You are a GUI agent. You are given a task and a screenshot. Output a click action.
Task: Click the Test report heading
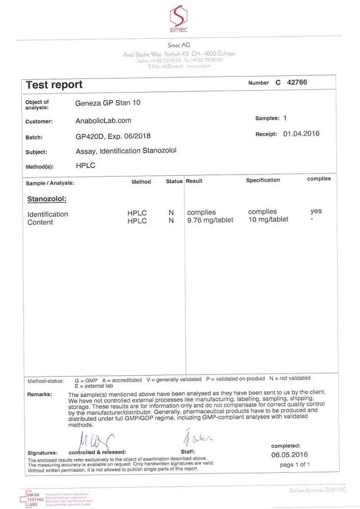(54, 84)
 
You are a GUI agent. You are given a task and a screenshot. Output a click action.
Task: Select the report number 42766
(297, 82)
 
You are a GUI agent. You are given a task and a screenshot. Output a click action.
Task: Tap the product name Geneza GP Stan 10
(108, 103)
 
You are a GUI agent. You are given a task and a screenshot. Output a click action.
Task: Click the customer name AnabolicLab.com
(103, 121)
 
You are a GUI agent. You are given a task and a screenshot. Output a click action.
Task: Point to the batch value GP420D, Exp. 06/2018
(113, 136)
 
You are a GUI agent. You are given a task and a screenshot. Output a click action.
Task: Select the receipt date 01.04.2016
(301, 134)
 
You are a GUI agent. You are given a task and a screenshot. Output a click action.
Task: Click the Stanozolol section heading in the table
(47, 199)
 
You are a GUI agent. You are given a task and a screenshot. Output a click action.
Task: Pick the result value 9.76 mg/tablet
(210, 220)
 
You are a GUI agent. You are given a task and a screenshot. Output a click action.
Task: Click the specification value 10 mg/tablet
(268, 219)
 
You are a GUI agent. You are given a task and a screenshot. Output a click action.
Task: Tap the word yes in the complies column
(316, 211)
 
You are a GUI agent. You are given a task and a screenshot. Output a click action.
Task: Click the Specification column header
(263, 180)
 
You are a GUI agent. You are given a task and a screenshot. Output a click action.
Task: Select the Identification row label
(48, 214)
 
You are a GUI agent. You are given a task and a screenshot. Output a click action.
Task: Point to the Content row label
(40, 222)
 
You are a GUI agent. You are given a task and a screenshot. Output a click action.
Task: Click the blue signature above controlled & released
(94, 439)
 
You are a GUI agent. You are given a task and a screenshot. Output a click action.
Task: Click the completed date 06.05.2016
(290, 455)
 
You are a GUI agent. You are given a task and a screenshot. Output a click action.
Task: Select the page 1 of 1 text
(295, 465)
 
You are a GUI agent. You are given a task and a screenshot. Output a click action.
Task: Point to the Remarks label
(39, 394)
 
